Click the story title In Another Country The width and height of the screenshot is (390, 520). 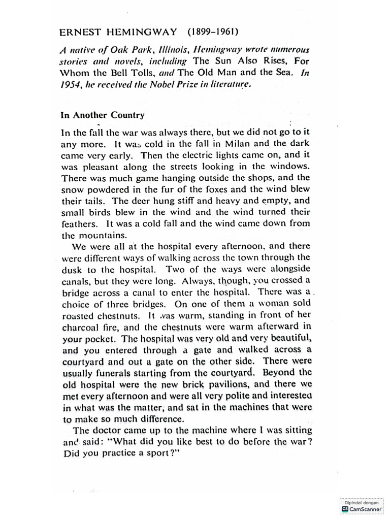pyautogui.click(x=103, y=115)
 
